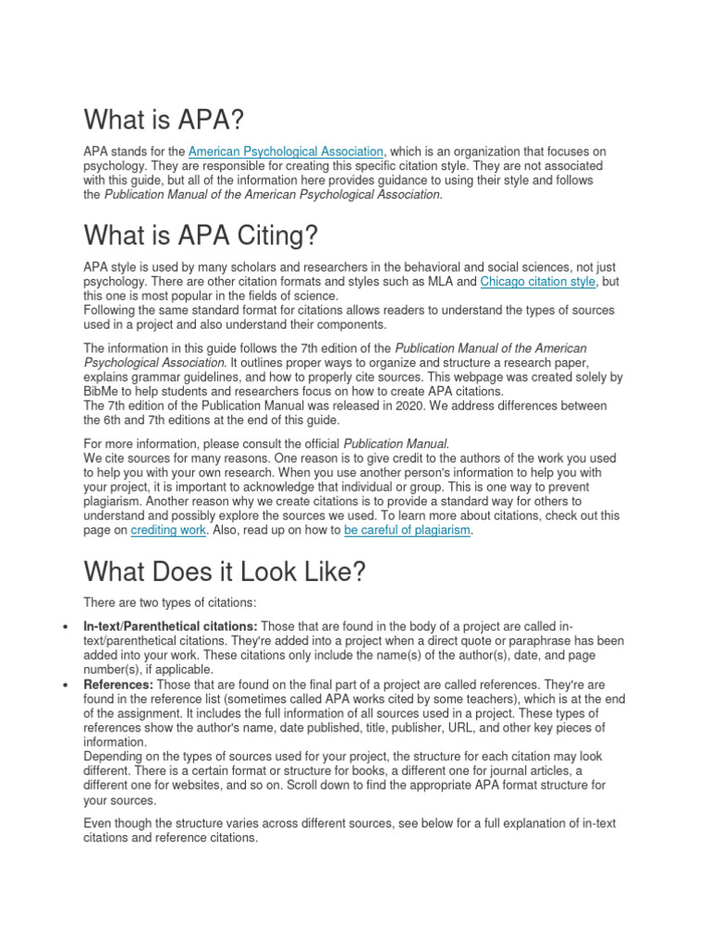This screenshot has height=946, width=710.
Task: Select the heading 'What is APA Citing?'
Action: (x=201, y=236)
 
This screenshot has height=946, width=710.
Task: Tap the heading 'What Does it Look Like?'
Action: (x=225, y=572)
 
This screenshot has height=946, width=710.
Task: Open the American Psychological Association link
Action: (x=286, y=152)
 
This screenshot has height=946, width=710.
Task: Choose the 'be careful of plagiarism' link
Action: (x=407, y=530)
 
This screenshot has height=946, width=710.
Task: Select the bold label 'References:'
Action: (x=118, y=685)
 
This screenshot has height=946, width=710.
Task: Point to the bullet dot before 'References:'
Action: (x=65, y=685)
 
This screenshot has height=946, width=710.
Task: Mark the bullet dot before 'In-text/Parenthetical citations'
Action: (x=65, y=626)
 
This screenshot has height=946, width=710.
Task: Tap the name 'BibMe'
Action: (x=102, y=392)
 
